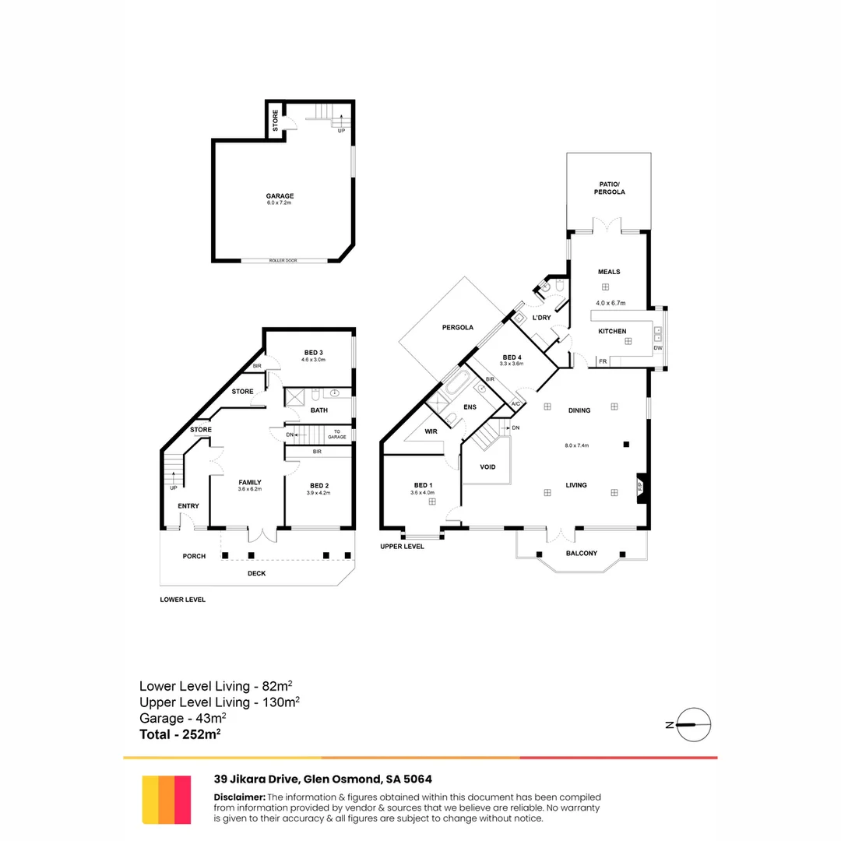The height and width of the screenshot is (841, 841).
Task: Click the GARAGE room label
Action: tap(280, 195)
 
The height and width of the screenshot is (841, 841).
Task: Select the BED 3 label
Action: tap(315, 353)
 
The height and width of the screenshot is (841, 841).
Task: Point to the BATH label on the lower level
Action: tap(318, 410)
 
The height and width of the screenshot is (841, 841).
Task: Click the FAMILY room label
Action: tap(250, 482)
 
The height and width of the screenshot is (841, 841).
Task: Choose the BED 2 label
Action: tap(318, 485)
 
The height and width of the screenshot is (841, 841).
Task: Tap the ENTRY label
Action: tap(188, 506)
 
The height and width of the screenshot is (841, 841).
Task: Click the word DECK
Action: tap(256, 574)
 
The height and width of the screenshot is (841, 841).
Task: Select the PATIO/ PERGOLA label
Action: tap(609, 188)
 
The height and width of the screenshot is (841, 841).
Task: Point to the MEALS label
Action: tap(609, 272)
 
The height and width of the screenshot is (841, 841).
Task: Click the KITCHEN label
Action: tap(612, 332)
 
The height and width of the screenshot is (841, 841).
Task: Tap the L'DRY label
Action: tap(541, 318)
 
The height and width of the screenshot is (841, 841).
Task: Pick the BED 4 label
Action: tap(512, 357)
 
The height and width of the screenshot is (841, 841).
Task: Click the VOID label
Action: tap(488, 467)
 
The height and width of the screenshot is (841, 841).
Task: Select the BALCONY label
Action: tap(581, 554)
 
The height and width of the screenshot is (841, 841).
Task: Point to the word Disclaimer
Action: tap(239, 797)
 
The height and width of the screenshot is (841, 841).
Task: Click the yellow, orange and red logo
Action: tap(167, 799)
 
